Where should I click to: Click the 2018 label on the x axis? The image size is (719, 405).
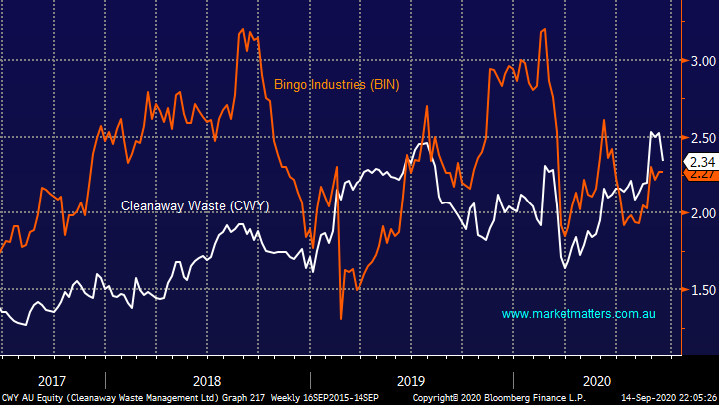(207, 380)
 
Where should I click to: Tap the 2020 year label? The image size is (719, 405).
(597, 380)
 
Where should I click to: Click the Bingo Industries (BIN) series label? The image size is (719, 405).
(337, 85)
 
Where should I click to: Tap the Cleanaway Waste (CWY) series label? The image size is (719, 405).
(195, 206)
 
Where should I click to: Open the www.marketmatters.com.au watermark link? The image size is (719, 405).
(578, 314)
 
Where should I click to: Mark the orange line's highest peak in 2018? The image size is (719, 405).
(244, 30)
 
